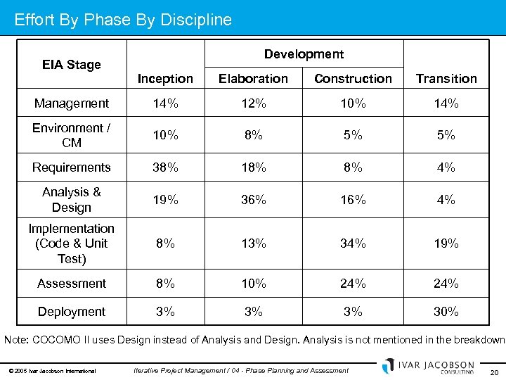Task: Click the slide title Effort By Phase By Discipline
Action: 123,20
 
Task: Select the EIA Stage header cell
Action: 71,65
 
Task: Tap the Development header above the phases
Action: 304,54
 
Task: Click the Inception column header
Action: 165,79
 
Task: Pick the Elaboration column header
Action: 253,79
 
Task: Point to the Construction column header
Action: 353,79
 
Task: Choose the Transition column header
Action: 446,79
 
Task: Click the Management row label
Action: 71,103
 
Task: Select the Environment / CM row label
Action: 71,135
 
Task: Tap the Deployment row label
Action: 71,312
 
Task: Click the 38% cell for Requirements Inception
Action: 165,167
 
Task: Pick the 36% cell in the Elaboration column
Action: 253,200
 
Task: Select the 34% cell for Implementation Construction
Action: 353,243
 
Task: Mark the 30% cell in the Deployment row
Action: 446,312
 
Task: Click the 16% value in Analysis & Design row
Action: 353,200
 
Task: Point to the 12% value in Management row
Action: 253,103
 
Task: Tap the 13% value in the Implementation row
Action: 253,243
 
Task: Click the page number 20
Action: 493,372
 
